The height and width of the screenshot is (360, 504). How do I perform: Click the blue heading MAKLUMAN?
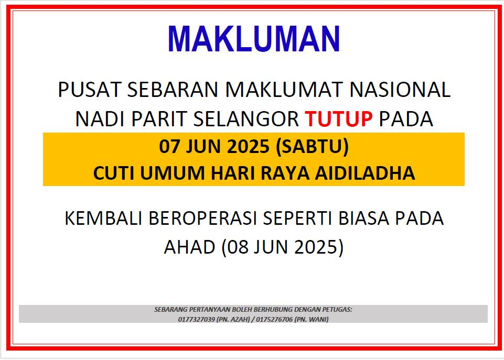254,39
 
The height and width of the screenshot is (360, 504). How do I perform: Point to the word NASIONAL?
400,89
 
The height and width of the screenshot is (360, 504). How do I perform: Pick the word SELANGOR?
246,119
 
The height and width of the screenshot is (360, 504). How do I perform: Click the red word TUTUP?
339,119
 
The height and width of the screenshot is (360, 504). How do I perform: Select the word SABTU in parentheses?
312,146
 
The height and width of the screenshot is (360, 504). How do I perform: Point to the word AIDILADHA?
365,173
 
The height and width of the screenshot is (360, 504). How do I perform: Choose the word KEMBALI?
103,219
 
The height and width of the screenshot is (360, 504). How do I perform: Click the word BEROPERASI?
203,219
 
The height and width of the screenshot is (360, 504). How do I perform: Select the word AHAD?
190,247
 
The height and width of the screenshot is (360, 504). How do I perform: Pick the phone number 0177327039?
196,319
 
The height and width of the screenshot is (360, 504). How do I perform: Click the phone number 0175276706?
274,319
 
